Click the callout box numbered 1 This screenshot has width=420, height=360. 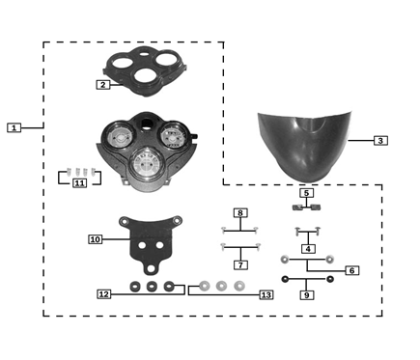coord(14,127)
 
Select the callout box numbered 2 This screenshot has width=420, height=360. coord(103,85)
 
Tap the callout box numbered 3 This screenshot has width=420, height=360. coord(380,141)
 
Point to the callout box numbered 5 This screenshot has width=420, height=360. coord(306,193)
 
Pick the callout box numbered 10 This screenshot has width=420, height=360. coord(96,239)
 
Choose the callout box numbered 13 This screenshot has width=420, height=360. coord(266,295)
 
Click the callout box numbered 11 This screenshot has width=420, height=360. coord(79,183)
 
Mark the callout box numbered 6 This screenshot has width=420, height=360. coord(351,270)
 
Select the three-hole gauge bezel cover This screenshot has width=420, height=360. coord(145,70)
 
